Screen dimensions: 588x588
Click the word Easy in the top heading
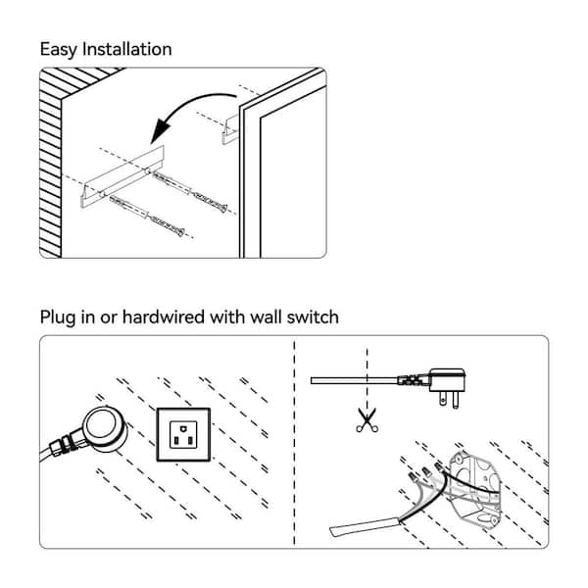59,49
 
